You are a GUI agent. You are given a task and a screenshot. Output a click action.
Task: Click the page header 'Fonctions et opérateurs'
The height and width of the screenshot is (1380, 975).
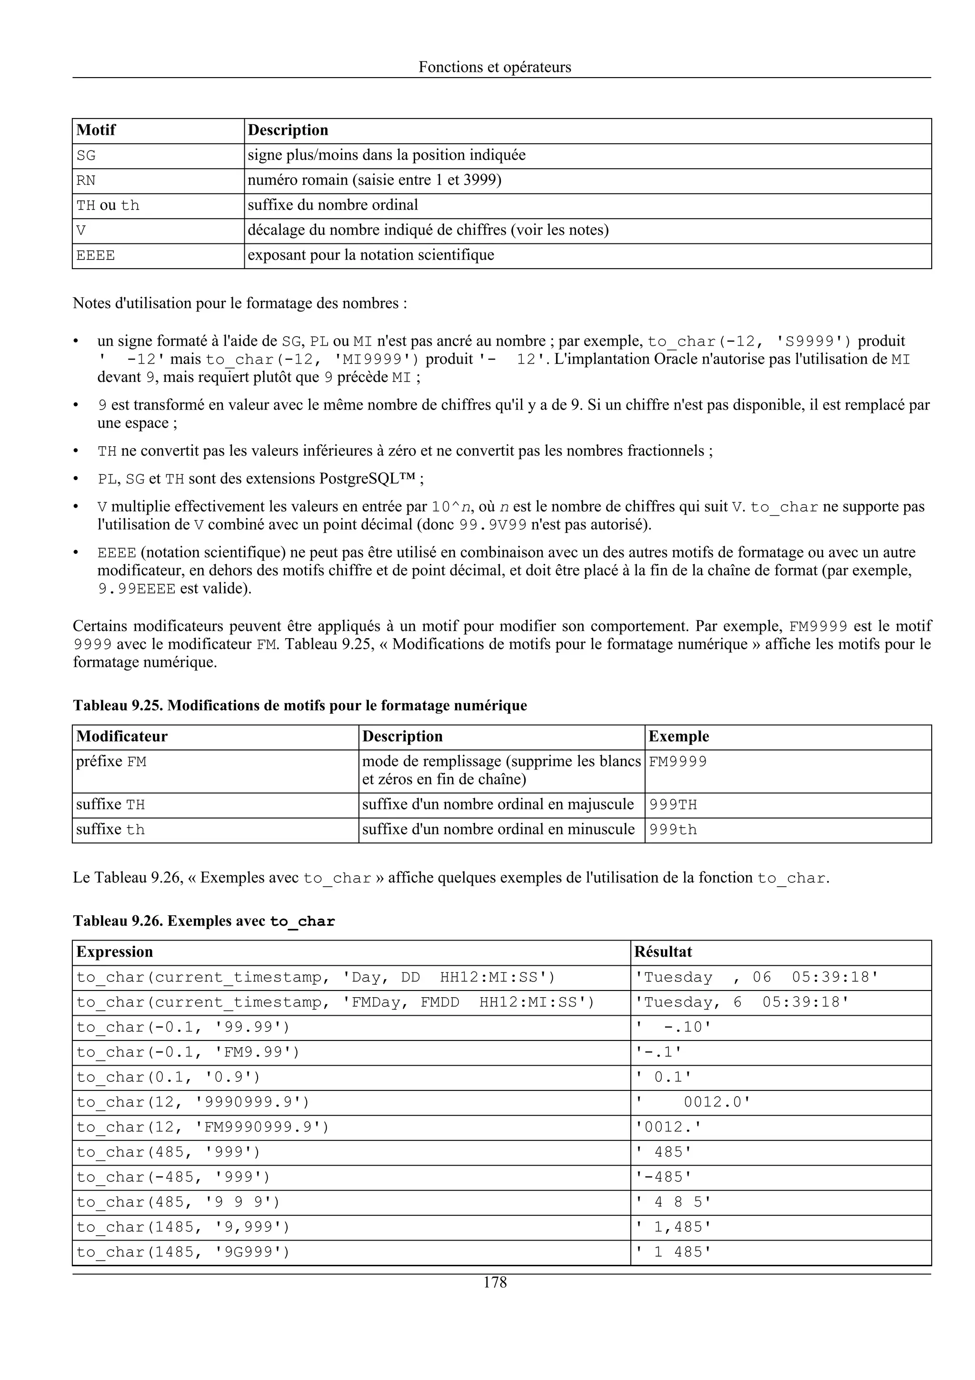click(495, 67)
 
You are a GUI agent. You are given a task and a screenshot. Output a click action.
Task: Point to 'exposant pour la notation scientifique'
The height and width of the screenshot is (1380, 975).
click(371, 255)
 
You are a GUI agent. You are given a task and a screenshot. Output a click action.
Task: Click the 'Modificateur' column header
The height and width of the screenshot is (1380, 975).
click(122, 736)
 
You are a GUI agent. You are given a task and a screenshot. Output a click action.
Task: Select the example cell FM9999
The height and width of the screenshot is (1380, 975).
click(677, 761)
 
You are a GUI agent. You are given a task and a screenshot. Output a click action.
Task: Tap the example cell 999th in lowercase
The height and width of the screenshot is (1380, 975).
click(673, 830)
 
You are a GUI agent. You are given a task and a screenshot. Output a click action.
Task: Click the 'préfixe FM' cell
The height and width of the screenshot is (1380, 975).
click(111, 761)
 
